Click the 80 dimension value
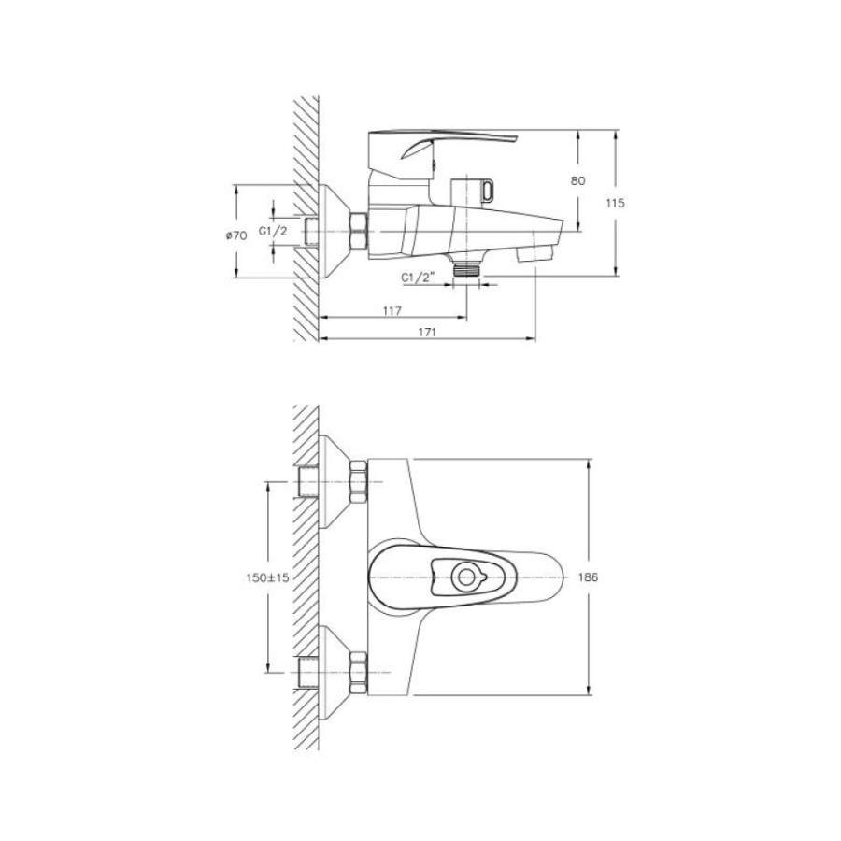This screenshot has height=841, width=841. pos(577,180)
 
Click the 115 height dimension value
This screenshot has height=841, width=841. pos(615,204)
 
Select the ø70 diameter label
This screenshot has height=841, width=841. pos(236,235)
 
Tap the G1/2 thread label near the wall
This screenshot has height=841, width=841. pos(273,231)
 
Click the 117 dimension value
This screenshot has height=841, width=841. pos(392,310)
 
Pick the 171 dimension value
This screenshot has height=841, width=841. pos(427,332)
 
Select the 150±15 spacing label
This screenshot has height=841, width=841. pos(267,577)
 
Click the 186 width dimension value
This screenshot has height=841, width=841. pos(589,577)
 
